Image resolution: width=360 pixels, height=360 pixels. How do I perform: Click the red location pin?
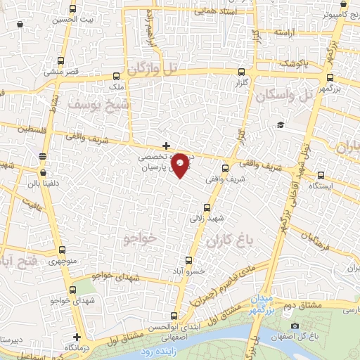pyautogui.click(x=181, y=164)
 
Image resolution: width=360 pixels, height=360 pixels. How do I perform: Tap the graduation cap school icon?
pyautogui.click(x=281, y=124)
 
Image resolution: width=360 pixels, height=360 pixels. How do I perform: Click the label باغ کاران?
pyautogui.click(x=229, y=242)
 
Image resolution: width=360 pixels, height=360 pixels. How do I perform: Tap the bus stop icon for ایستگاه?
pyautogui.click(x=321, y=175)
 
